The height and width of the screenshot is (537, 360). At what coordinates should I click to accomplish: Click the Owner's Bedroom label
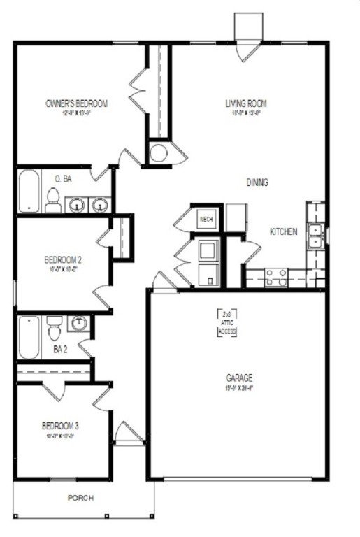coord(77,104)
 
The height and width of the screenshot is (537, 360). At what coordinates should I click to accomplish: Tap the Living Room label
coord(246,103)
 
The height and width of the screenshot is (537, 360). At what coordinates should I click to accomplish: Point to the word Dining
coord(257,182)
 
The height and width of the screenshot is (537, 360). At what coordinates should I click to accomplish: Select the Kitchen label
coord(285,231)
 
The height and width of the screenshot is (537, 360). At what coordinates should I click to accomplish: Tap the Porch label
coord(80,498)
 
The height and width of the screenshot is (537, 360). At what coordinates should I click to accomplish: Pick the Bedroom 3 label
coord(59,424)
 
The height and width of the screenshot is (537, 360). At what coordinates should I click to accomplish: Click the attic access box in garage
coord(227,323)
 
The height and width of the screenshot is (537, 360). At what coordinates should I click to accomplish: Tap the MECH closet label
coord(206,219)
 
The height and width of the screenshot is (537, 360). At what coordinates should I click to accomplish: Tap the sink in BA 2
coord(79,324)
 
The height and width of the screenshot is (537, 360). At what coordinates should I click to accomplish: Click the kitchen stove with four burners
coord(276,278)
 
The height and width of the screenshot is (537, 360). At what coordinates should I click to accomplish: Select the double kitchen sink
coord(317,235)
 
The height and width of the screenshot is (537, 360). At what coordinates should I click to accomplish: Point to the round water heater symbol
coord(159,153)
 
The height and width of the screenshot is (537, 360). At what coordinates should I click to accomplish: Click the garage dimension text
coord(238,387)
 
